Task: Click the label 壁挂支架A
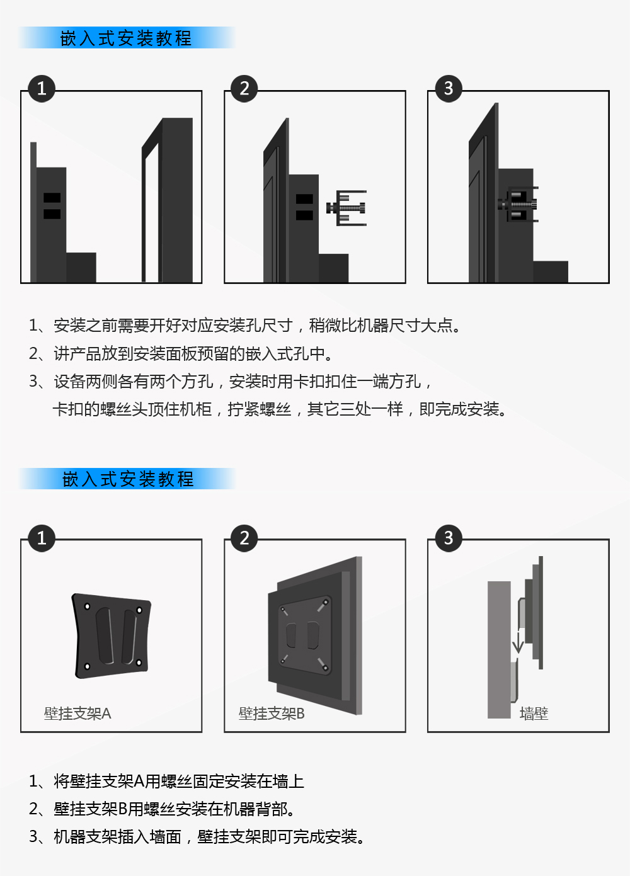(77, 714)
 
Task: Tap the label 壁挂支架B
(272, 714)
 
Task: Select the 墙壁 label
(534, 714)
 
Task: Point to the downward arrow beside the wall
(518, 640)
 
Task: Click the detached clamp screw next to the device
(346, 208)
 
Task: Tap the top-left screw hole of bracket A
(88, 606)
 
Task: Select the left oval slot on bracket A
(105, 635)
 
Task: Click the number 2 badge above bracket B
(244, 538)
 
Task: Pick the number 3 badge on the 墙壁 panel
(449, 538)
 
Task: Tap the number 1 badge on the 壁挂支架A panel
(42, 538)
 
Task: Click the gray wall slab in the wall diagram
(499, 649)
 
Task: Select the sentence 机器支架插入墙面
(117, 837)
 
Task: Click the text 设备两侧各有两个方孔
(134, 381)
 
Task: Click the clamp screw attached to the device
(518, 204)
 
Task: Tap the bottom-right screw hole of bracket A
(139, 663)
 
